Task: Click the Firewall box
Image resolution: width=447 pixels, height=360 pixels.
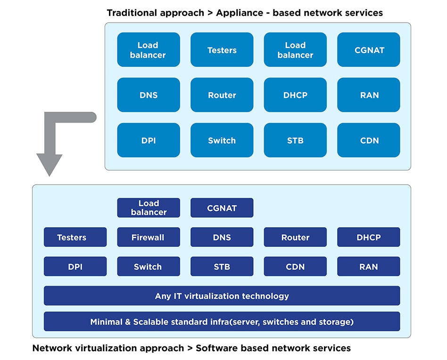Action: coord(149,237)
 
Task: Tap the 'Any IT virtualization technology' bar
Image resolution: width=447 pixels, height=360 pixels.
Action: coord(222,295)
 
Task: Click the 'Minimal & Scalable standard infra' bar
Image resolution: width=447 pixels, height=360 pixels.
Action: coord(222,321)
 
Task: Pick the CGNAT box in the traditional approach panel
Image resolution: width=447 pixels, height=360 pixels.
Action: coord(369,49)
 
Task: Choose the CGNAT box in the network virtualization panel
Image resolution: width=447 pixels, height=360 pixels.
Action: coord(222,208)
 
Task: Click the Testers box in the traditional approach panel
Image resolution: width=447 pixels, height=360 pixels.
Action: coord(222,49)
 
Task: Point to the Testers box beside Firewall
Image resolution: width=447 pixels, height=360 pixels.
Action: coord(75,237)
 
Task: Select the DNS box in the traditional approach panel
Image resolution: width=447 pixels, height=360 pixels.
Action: coord(149,95)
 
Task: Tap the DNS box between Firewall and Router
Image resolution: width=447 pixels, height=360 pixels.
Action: coord(222,237)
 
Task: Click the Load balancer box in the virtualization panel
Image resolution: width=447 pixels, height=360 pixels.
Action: coord(149,208)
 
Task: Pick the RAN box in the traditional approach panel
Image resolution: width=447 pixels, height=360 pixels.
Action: coord(369,95)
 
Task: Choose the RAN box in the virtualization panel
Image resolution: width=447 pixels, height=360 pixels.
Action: coord(369,266)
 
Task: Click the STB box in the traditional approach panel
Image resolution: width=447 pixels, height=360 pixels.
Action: coord(295,140)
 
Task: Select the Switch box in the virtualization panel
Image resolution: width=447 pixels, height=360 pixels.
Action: coord(149,266)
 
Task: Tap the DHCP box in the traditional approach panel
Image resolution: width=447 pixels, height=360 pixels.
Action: coord(295,95)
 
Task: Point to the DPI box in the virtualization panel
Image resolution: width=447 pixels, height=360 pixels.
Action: coord(75,266)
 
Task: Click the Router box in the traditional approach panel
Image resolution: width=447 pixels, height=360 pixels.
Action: coord(222,95)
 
